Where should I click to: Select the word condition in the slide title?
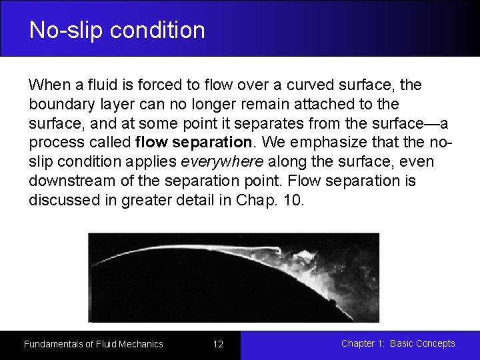coord(155,30)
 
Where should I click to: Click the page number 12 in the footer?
coord(218,344)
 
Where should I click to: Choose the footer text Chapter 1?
coord(363,343)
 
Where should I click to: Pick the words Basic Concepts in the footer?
coord(422,343)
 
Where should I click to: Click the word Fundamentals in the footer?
coord(53,344)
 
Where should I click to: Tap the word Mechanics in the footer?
coord(139,344)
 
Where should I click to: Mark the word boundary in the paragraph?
coord(57,105)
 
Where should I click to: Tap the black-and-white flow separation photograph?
coord(234,277)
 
